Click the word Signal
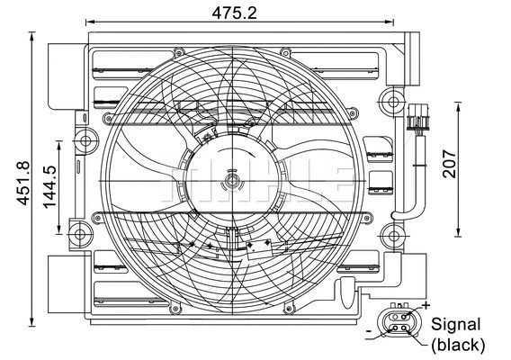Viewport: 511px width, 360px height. pyautogui.click(x=457, y=325)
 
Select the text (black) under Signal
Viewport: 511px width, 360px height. pyautogui.click(x=457, y=344)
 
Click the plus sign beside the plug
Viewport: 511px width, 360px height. pyautogui.click(x=425, y=307)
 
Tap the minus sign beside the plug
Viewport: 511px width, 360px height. pyautogui.click(x=370, y=332)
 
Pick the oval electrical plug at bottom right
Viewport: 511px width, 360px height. pyautogui.click(x=398, y=323)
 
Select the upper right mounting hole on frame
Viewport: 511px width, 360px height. pyautogui.click(x=390, y=98)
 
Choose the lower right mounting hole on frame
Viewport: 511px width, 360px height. pyautogui.click(x=391, y=238)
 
